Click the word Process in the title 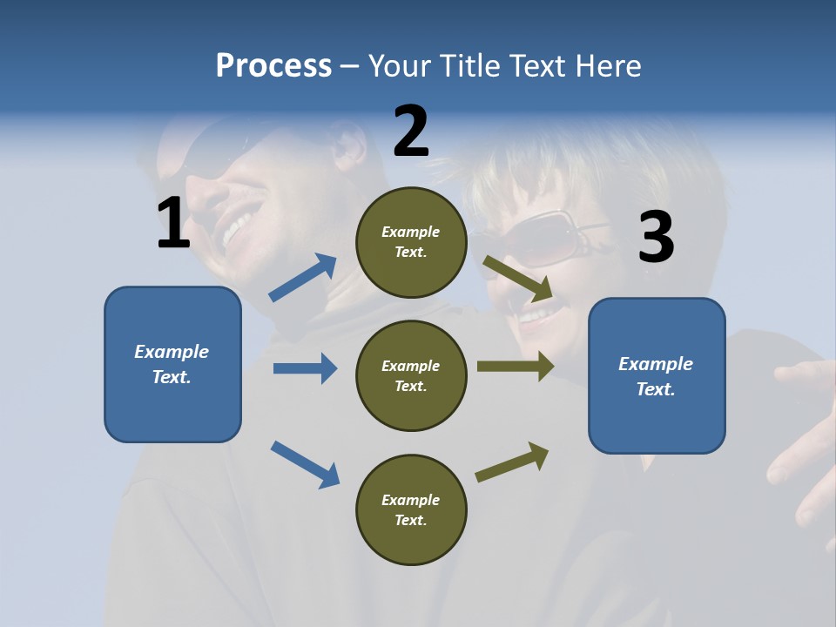pyautogui.click(x=273, y=65)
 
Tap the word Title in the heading pyautogui.click(x=467, y=65)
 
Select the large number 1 pyautogui.click(x=173, y=223)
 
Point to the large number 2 pyautogui.click(x=411, y=131)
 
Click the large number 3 pyautogui.click(x=656, y=238)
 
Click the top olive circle pyautogui.click(x=411, y=242)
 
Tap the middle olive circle pyautogui.click(x=411, y=375)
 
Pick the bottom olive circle pyautogui.click(x=411, y=509)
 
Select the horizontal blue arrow pyautogui.click(x=305, y=368)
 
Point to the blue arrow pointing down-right pyautogui.click(x=305, y=463)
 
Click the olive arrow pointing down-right pyautogui.click(x=518, y=279)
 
